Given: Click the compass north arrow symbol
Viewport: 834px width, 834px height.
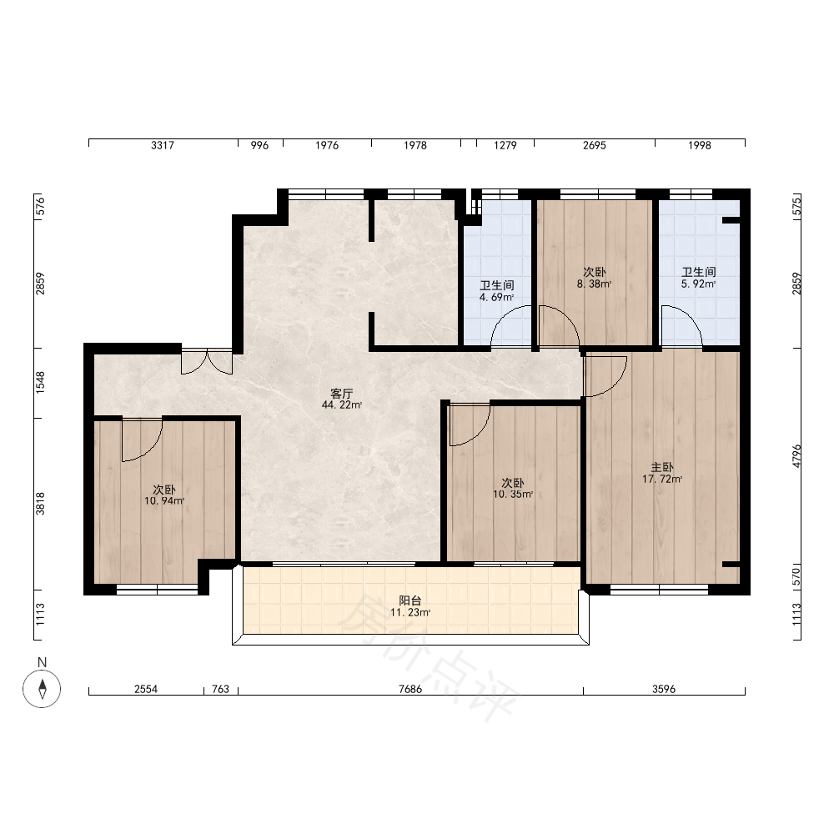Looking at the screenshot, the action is tap(42, 689).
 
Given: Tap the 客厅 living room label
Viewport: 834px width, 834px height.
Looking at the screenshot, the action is tap(341, 394).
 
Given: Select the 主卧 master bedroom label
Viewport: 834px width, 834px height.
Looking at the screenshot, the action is tap(662, 468).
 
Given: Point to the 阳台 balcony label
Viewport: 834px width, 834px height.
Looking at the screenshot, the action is tap(410, 600).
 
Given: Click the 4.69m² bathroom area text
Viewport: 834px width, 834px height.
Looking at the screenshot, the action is tap(497, 298).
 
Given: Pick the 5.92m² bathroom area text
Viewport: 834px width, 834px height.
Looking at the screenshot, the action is tap(698, 284).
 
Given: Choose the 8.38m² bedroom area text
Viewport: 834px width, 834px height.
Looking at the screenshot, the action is tap(594, 284).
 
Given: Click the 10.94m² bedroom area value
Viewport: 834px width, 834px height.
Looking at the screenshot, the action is tap(164, 501).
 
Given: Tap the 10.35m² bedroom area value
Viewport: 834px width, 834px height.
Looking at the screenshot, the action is tap(513, 494).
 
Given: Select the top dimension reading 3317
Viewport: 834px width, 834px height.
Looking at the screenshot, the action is tap(163, 145).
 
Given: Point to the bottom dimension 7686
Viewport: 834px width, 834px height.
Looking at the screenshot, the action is tap(410, 690).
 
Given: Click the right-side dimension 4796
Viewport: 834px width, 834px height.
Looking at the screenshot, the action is tap(796, 456).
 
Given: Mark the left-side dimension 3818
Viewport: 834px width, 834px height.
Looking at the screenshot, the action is tap(40, 504).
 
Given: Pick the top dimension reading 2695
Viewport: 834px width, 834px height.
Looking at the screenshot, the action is tap(594, 145).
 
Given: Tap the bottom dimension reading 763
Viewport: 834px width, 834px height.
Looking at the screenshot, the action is tap(220, 690).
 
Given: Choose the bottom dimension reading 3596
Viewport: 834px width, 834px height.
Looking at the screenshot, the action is tap(664, 690).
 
